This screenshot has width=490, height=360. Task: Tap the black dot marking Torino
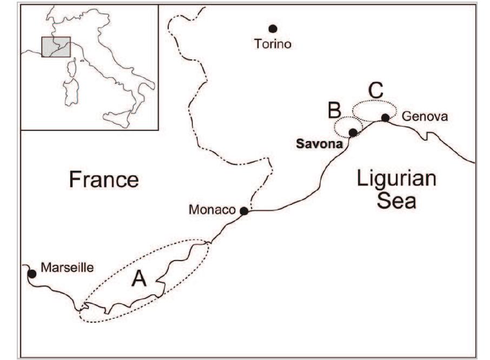(x=273, y=28)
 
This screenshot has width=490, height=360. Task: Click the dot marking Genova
(x=385, y=117)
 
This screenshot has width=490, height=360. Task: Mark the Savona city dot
(x=353, y=132)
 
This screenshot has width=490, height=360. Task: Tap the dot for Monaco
(x=244, y=211)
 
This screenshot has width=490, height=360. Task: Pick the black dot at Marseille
(x=32, y=274)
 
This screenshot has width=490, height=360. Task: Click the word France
(x=104, y=179)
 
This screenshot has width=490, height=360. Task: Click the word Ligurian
(x=396, y=179)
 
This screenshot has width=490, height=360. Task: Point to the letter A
(x=139, y=279)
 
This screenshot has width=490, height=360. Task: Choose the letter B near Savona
(x=334, y=110)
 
